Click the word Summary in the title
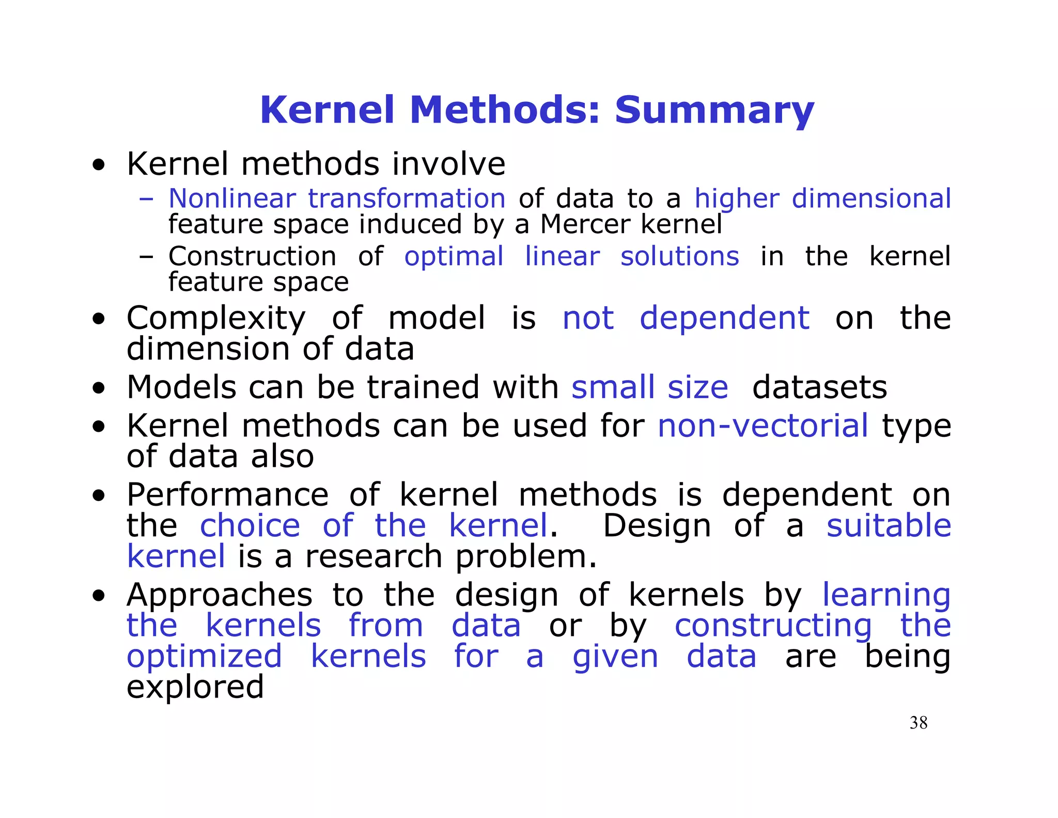(x=714, y=111)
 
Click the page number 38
(x=919, y=723)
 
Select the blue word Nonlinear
(x=232, y=199)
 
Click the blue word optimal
(x=454, y=256)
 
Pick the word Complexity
(x=216, y=319)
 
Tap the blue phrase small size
(x=649, y=387)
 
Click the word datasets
(x=819, y=387)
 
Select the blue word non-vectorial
(x=763, y=426)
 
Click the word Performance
(x=227, y=495)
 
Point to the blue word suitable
(x=889, y=526)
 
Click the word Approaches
(x=220, y=595)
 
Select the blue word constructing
(x=773, y=626)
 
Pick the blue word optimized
(x=204, y=657)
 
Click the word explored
(x=195, y=688)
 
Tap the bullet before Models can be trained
(x=99, y=388)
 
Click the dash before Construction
(x=146, y=256)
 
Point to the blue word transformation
(x=407, y=199)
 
